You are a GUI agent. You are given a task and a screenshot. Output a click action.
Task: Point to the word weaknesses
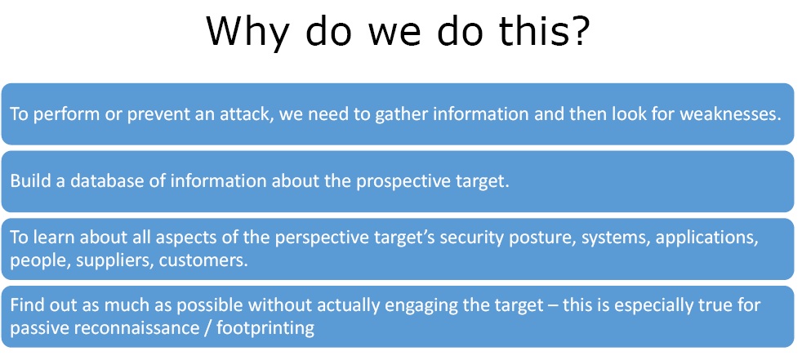(x=730, y=114)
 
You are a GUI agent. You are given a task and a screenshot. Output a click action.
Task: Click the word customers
(x=203, y=260)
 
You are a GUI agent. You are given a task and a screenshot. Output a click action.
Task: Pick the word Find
(x=26, y=306)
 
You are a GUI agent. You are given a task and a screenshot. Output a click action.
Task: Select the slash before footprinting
(x=206, y=328)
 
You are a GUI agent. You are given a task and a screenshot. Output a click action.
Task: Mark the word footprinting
(x=265, y=328)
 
